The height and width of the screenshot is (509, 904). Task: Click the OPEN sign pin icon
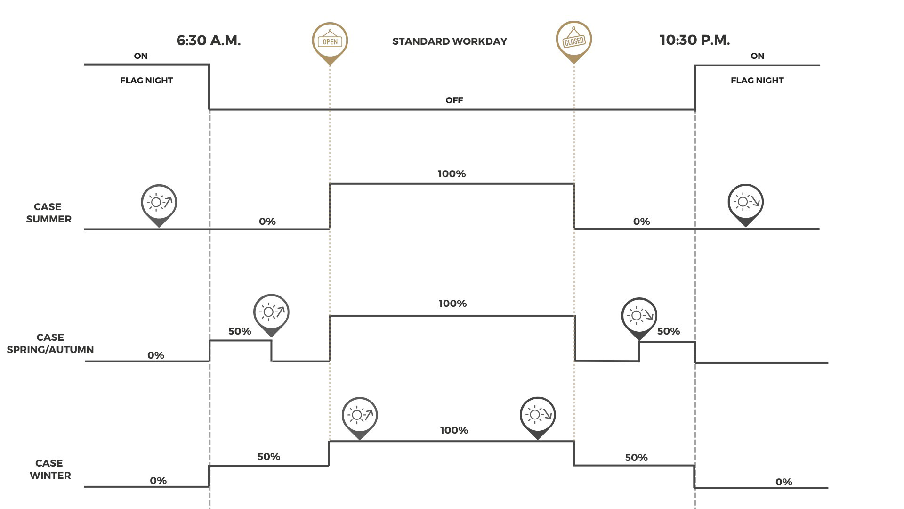point(330,41)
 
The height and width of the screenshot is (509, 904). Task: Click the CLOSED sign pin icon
point(573,40)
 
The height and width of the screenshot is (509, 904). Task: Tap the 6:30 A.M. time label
point(209,41)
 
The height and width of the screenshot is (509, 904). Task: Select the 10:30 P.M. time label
point(694,40)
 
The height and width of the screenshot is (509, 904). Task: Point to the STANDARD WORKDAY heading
point(450,41)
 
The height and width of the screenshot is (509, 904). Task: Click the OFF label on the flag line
point(454,100)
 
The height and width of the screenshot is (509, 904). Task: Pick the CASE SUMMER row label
point(48,213)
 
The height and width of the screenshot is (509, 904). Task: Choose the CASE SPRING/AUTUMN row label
point(50,344)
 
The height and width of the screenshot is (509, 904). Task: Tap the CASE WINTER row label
point(50,469)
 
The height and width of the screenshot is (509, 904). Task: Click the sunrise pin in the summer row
point(159,203)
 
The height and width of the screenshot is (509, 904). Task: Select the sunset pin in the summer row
point(745,203)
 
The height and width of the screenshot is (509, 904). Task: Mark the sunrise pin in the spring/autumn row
point(271,312)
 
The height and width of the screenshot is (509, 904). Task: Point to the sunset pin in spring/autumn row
point(639,316)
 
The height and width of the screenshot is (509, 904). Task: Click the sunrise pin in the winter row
point(359,416)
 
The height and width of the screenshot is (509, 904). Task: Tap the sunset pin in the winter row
point(537,416)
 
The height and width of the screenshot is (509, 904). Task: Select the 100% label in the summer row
point(452,174)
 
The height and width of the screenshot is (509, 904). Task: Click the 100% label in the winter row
point(454,430)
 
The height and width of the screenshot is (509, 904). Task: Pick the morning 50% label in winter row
point(268,457)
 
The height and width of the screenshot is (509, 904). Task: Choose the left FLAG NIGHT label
point(146,81)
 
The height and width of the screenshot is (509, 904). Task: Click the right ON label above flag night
point(757,56)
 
